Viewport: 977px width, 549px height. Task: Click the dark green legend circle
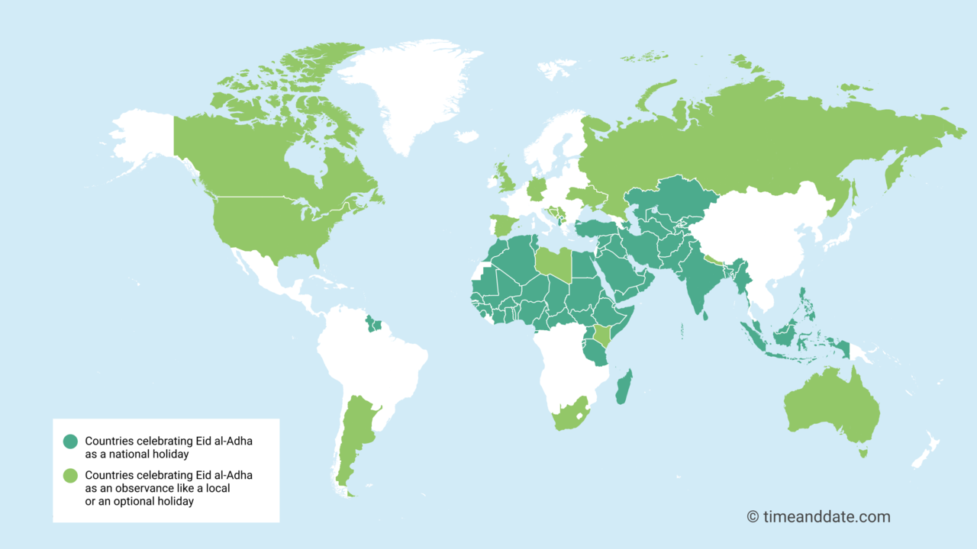70,441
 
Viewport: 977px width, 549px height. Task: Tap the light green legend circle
70,476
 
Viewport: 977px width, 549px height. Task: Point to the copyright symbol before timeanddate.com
753,517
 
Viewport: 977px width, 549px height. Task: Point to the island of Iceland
466,136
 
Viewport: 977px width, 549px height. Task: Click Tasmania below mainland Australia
863,454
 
